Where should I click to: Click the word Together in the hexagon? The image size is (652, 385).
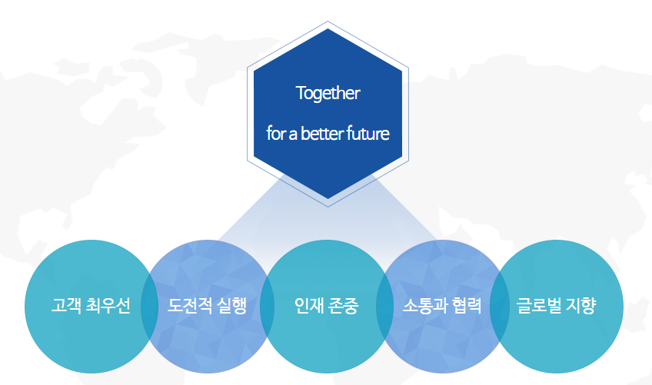[328, 94]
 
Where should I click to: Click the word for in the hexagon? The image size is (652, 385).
[275, 134]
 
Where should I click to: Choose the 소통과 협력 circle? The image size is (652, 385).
[443, 338]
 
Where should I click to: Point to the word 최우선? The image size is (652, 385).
[108, 307]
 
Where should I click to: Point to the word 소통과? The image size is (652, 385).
[424, 307]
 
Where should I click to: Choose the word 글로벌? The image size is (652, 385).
[541, 307]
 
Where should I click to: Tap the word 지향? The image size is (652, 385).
[584, 307]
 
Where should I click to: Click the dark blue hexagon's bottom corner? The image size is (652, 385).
[328, 198]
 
